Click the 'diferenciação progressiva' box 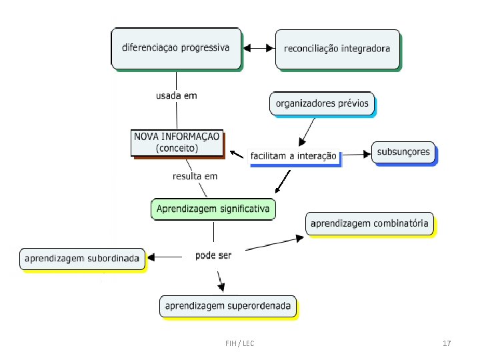point(176,48)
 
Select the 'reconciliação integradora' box point(337,49)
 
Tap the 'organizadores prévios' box point(322,104)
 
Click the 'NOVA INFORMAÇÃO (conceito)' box point(177,143)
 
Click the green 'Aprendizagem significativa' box point(213,209)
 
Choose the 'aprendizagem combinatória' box point(370,223)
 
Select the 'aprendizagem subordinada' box point(83,258)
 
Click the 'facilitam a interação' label point(293,157)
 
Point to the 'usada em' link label point(177,95)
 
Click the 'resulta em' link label point(195,177)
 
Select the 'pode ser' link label point(213,255)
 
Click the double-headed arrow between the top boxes point(259,48)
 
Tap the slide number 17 point(447,343)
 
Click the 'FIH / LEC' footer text point(239,343)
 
